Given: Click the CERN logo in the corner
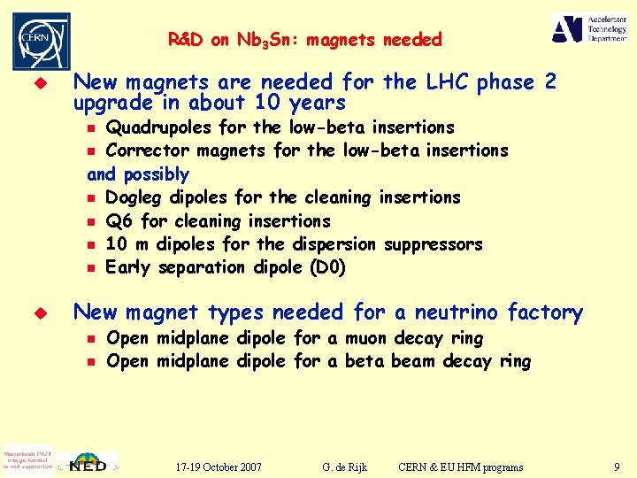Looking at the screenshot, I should (41, 40).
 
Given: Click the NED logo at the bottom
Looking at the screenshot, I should (89, 462).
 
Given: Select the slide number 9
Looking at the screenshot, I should (616, 466).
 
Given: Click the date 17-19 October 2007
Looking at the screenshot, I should (218, 466).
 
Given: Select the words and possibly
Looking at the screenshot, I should (138, 173).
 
